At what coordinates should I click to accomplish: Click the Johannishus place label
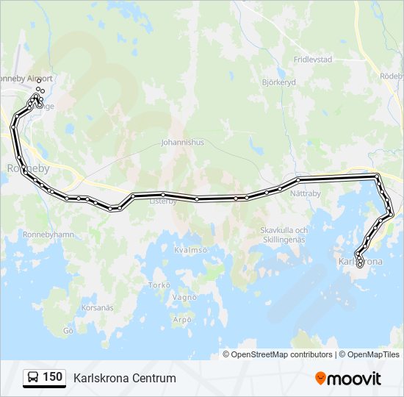[x=183, y=143]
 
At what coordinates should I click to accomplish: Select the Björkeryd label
[x=278, y=82]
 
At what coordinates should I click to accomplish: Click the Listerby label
[x=163, y=201]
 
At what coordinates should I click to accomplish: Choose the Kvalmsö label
[x=191, y=250]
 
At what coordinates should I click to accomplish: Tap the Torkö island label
[x=159, y=285]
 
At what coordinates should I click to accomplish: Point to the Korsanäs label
[x=98, y=307]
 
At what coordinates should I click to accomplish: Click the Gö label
[x=69, y=331]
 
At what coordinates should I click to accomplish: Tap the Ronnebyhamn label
[x=48, y=235]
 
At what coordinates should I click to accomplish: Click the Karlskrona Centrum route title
[x=125, y=378]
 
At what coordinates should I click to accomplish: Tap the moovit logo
[x=348, y=378]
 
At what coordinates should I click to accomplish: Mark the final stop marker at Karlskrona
[x=360, y=265]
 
